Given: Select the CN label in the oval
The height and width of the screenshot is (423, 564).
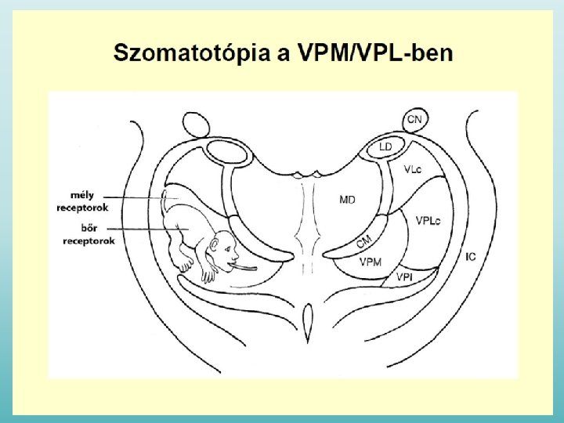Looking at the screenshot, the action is pos(414,120).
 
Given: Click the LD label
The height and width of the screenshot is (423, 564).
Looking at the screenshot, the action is pos(385,146).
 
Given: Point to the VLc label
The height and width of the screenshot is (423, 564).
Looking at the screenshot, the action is pos(414,169).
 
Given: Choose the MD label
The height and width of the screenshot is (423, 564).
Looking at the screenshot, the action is pos(346,200).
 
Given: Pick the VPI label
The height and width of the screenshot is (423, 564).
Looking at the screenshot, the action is pos(404,277).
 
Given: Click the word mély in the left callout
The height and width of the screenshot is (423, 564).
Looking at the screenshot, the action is pos(83,196).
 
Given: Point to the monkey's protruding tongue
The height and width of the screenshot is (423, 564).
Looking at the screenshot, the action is pos(247,268).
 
